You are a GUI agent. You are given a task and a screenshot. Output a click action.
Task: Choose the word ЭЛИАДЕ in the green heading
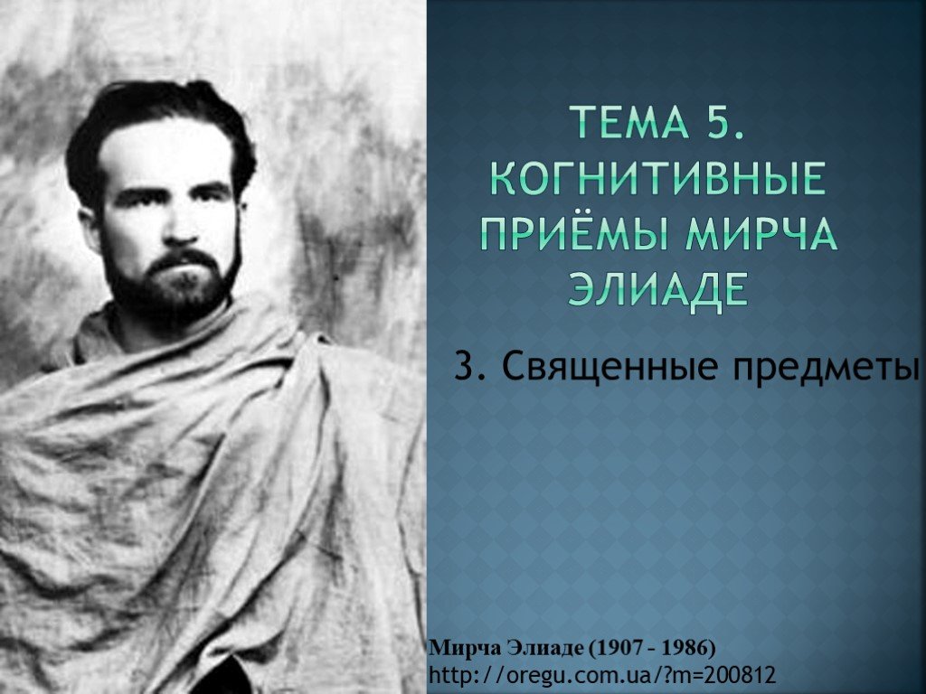pyautogui.click(x=657, y=288)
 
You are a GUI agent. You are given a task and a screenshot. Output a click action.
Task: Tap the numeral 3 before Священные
pyautogui.click(x=468, y=366)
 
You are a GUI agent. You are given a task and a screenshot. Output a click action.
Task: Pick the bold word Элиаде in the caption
pyautogui.click(x=543, y=648)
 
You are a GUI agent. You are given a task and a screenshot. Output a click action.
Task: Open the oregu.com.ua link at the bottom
pyautogui.click(x=602, y=674)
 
